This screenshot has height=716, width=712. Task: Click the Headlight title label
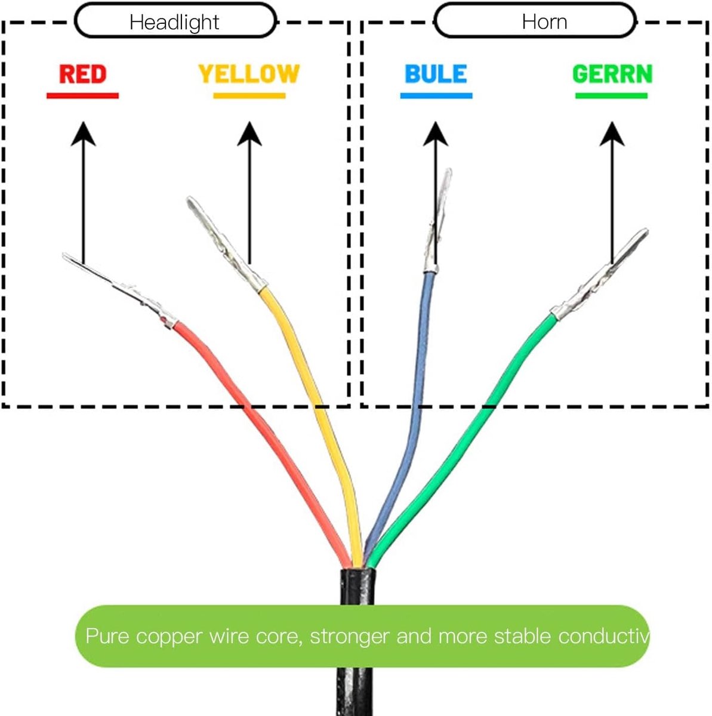tap(174, 22)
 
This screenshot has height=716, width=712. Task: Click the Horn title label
tap(544, 21)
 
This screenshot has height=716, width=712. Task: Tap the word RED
tap(83, 74)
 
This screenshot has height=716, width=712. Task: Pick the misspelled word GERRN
tap(612, 74)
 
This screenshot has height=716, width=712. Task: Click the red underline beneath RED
tap(82, 96)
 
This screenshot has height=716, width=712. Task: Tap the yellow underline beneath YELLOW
tap(249, 96)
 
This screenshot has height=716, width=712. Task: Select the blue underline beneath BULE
tap(436, 96)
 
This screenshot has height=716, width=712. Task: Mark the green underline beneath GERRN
tap(611, 96)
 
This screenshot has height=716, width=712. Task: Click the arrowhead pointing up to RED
tap(84, 134)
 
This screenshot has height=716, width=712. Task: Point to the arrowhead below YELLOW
tap(249, 134)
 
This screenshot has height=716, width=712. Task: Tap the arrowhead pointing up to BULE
tap(436, 134)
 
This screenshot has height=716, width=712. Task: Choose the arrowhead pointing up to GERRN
tap(612, 134)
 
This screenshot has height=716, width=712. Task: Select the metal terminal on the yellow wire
tap(226, 245)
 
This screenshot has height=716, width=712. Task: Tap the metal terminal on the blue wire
tap(437, 221)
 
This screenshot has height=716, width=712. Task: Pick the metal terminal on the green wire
tap(599, 275)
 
